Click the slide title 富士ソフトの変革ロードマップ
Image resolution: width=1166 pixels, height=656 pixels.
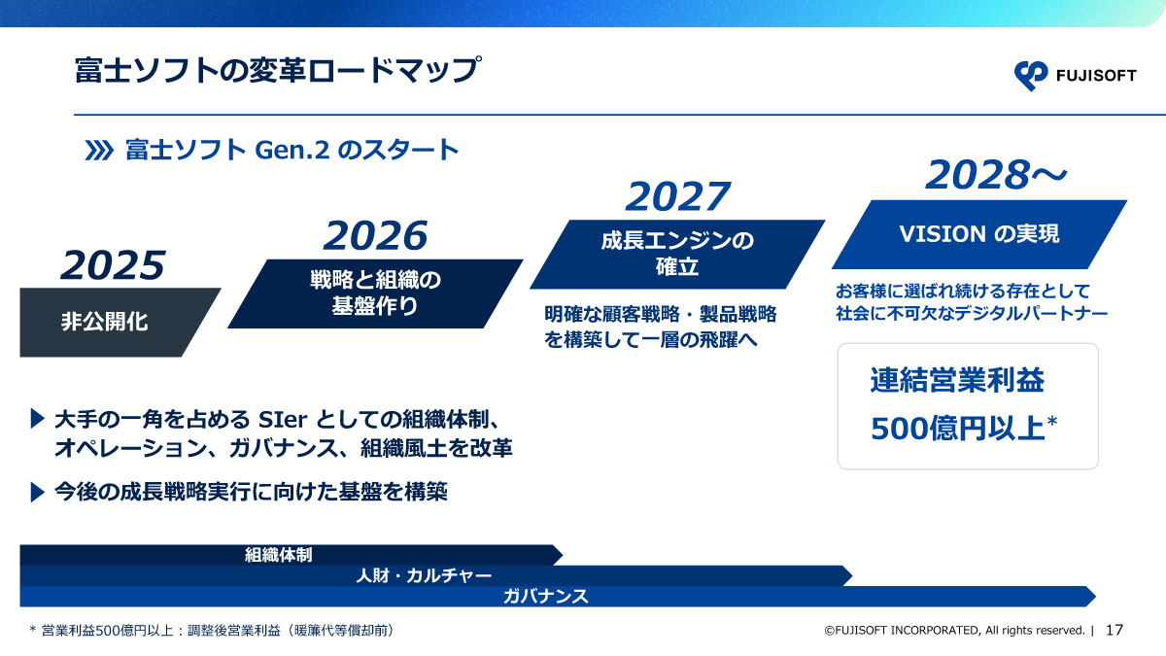(x=277, y=71)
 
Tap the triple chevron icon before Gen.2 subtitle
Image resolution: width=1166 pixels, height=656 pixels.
(x=100, y=151)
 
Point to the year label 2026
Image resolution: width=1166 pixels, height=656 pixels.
(x=375, y=235)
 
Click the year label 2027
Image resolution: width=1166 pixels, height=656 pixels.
(x=676, y=196)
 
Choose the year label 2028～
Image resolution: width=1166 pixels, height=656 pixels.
(x=996, y=176)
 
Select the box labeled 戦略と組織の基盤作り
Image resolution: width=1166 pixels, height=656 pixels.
(x=375, y=293)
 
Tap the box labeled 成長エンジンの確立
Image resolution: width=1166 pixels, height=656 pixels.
(x=676, y=254)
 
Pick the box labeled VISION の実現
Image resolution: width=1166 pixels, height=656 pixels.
(x=978, y=234)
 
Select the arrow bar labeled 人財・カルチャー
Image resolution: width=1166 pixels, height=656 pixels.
(x=428, y=575)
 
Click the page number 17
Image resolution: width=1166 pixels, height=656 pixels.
(x=1115, y=630)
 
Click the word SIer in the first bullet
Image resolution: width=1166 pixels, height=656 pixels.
(x=281, y=420)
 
